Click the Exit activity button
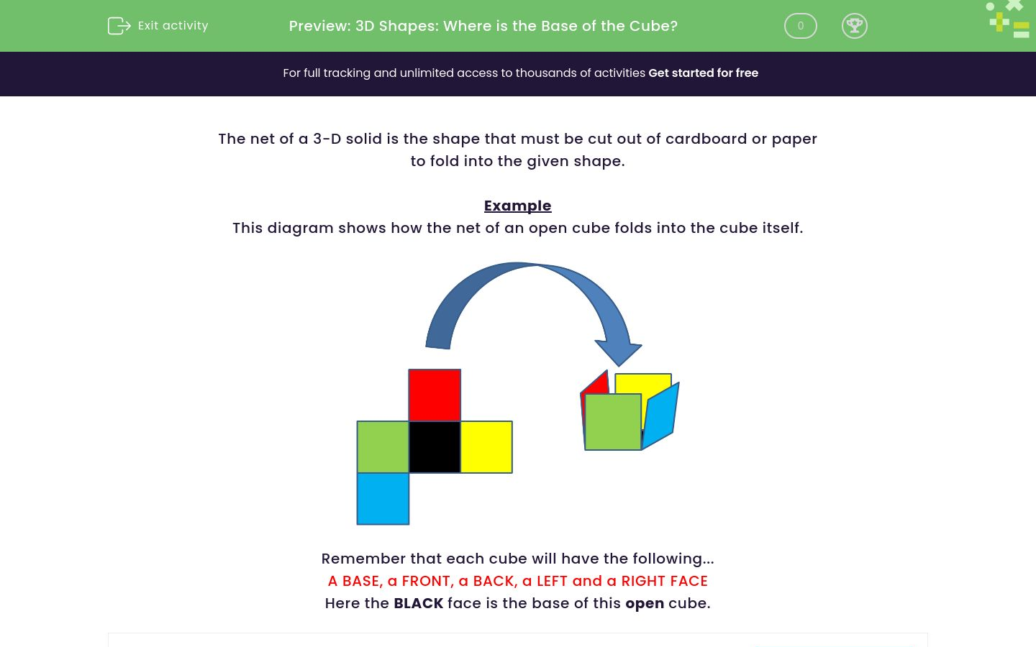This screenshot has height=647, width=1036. point(158,26)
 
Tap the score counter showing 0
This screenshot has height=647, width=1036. point(800,26)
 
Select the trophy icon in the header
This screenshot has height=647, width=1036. point(854,26)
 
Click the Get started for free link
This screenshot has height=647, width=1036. point(703,73)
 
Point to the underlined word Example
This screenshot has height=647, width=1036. point(517,206)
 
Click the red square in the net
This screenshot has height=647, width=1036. point(435,395)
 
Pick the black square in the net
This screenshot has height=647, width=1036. point(435,446)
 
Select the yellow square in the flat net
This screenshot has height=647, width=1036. point(486,446)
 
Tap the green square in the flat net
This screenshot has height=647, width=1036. point(383,446)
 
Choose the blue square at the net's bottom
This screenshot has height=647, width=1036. point(383,498)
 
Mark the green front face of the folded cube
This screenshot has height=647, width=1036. point(612,422)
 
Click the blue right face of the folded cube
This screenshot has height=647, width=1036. point(660,415)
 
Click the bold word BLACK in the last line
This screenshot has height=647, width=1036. point(418,603)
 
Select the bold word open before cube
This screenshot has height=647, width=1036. point(645,603)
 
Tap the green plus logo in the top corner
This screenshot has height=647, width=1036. point(999,22)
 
